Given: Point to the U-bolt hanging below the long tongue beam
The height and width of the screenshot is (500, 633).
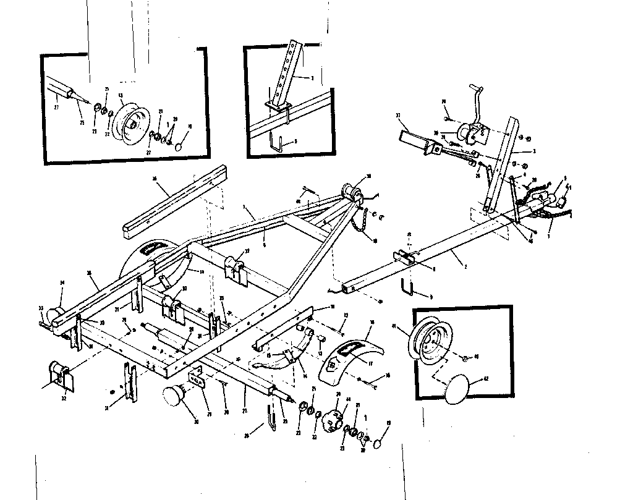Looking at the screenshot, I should coord(407,287).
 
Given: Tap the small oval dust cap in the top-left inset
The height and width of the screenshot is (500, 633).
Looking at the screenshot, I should coord(178,146).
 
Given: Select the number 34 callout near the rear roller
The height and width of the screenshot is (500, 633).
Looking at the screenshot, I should coord(62,283).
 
